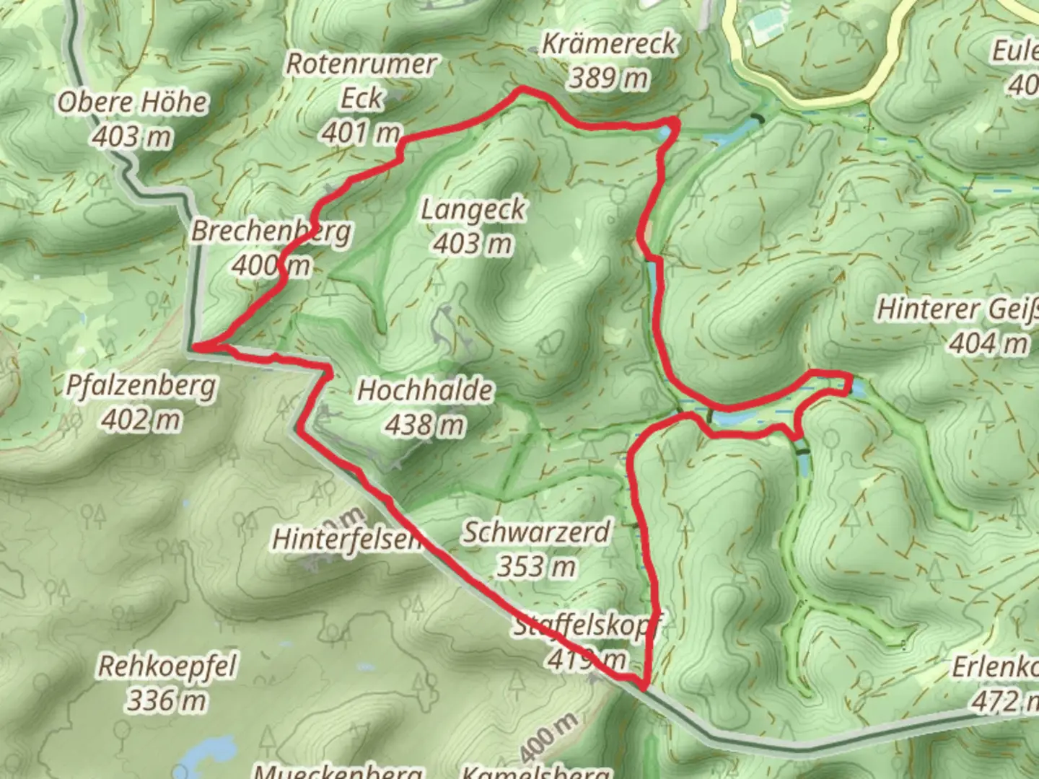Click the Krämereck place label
coord(610,44)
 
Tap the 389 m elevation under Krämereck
coord(608,78)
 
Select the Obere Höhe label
coord(132,102)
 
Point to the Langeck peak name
coord(473,210)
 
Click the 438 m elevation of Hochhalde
coord(424,426)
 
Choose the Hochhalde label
coord(426,391)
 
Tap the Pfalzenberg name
coord(140,385)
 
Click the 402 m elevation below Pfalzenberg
coord(141,419)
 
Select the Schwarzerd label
coord(536,532)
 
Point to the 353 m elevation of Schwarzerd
coord(536,567)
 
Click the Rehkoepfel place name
coord(167,666)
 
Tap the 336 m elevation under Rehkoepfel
coord(167,700)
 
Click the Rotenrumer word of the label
coord(361,63)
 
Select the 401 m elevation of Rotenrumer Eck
coord(361,133)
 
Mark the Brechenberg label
coord(271,232)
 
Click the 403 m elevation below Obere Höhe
coord(132,136)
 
